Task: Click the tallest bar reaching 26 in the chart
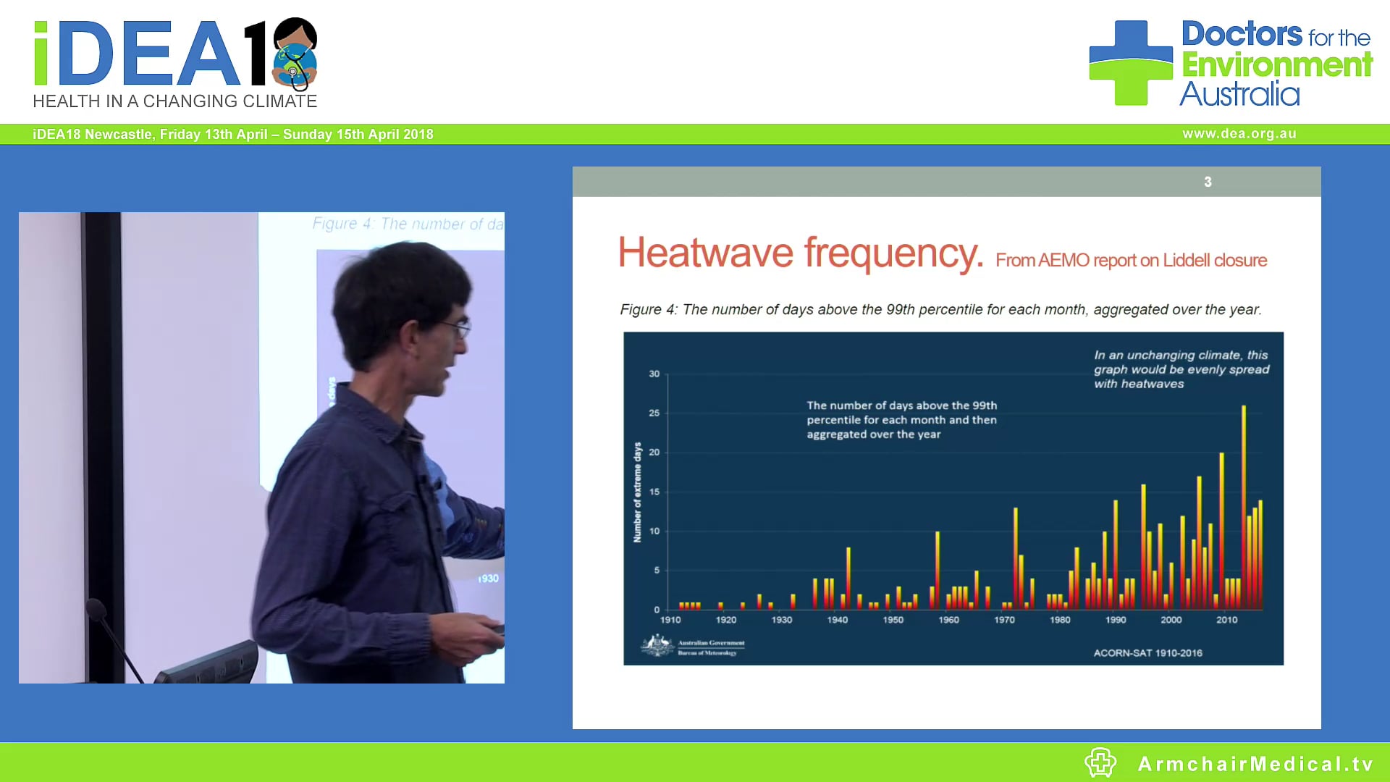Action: click(x=1244, y=507)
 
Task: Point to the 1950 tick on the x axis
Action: click(x=893, y=620)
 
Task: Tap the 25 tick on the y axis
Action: click(x=654, y=413)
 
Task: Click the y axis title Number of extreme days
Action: click(x=637, y=492)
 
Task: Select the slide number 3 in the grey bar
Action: click(x=1208, y=182)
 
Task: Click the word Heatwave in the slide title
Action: click(x=705, y=253)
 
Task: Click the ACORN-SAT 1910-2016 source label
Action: click(x=1147, y=653)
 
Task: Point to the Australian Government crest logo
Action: click(x=657, y=644)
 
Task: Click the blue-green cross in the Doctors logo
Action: click(x=1130, y=63)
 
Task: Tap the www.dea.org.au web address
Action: click(x=1239, y=134)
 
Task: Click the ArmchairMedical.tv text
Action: click(x=1255, y=764)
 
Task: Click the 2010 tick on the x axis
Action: click(x=1226, y=620)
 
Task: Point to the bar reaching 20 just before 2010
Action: click(x=1221, y=529)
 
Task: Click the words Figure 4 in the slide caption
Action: click(x=648, y=310)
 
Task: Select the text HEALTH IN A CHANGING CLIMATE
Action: click(x=174, y=101)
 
